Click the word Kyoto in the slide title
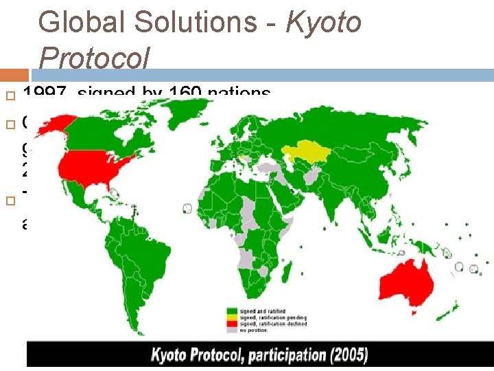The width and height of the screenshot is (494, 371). click(x=323, y=23)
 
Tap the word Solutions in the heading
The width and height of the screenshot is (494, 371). click(x=196, y=23)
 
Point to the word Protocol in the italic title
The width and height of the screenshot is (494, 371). click(x=94, y=59)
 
